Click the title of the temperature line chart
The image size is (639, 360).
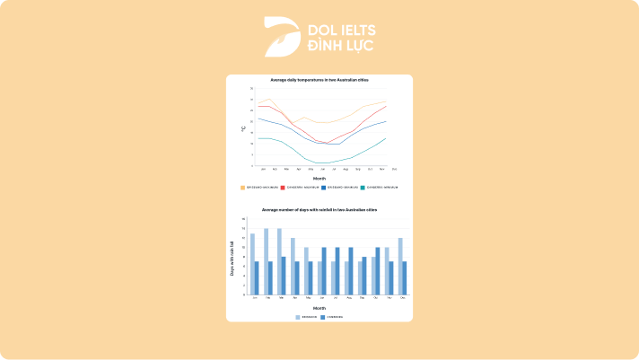click(319, 81)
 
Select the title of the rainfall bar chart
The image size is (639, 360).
click(319, 209)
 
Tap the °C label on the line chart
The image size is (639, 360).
click(242, 128)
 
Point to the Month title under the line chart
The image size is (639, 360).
click(319, 178)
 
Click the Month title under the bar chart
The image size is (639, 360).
click(319, 307)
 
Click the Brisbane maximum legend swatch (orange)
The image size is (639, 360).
click(242, 188)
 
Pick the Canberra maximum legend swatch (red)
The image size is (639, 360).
click(283, 188)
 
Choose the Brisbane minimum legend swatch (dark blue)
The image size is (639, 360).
click(323, 188)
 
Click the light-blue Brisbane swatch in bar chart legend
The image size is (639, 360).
click(299, 317)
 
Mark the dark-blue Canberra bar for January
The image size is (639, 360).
click(257, 277)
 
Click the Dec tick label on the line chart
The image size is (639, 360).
click(394, 169)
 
